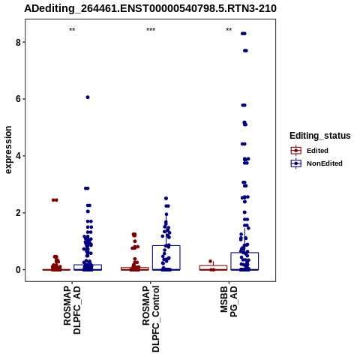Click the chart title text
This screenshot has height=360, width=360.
[150, 9]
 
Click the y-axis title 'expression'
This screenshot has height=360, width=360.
[8, 150]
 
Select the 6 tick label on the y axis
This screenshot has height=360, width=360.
[18, 99]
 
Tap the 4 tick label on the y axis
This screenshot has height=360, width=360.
[18, 156]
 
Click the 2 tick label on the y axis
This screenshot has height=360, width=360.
[18, 213]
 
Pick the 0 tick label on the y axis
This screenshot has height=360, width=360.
[18, 270]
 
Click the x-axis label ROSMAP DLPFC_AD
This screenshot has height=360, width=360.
[72, 310]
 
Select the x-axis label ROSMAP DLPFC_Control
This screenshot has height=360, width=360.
[151, 319]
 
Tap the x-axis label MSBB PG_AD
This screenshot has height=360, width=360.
[229, 301]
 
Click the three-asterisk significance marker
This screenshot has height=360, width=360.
[151, 30]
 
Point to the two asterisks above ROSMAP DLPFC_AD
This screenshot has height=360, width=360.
[72, 30]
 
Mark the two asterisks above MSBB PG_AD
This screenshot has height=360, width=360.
[229, 30]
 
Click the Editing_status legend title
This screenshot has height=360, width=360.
[320, 136]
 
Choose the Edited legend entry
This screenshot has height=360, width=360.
[310, 151]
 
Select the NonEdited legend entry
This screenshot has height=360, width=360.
[316, 163]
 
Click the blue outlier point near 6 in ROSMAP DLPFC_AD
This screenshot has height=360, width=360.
[88, 97]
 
